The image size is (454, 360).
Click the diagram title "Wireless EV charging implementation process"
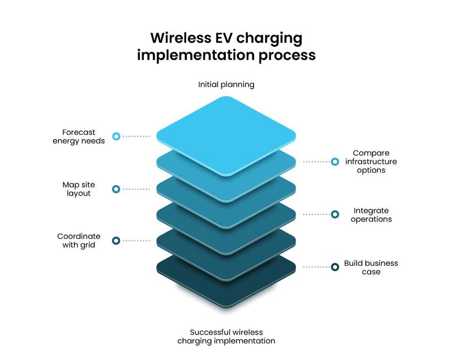pos(226,47)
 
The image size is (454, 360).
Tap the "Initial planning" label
pos(226,85)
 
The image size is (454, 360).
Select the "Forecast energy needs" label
pos(79,137)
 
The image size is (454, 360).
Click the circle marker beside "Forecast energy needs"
pos(116,137)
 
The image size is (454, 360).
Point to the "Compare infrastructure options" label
pos(371,162)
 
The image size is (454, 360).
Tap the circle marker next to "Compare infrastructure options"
pos(335,162)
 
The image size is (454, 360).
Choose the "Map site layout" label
pos(79,189)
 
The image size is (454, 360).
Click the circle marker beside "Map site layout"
pos(116,189)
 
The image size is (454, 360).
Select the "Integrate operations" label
pos(371,215)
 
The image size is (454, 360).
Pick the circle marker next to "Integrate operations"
pos(335,215)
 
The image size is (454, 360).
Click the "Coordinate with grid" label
pos(79,241)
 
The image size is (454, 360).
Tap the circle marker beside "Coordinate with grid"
pos(116,241)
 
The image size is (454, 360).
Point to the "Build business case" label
pos(371,268)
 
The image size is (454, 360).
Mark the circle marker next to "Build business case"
pos(335,267)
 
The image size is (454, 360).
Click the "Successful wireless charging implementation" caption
pos(226,336)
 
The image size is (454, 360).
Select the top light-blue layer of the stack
pos(226,132)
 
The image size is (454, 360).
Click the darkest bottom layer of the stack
pos(226,292)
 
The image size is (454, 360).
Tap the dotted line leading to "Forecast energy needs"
pos(136,137)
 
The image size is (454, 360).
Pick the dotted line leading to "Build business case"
pos(316,267)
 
